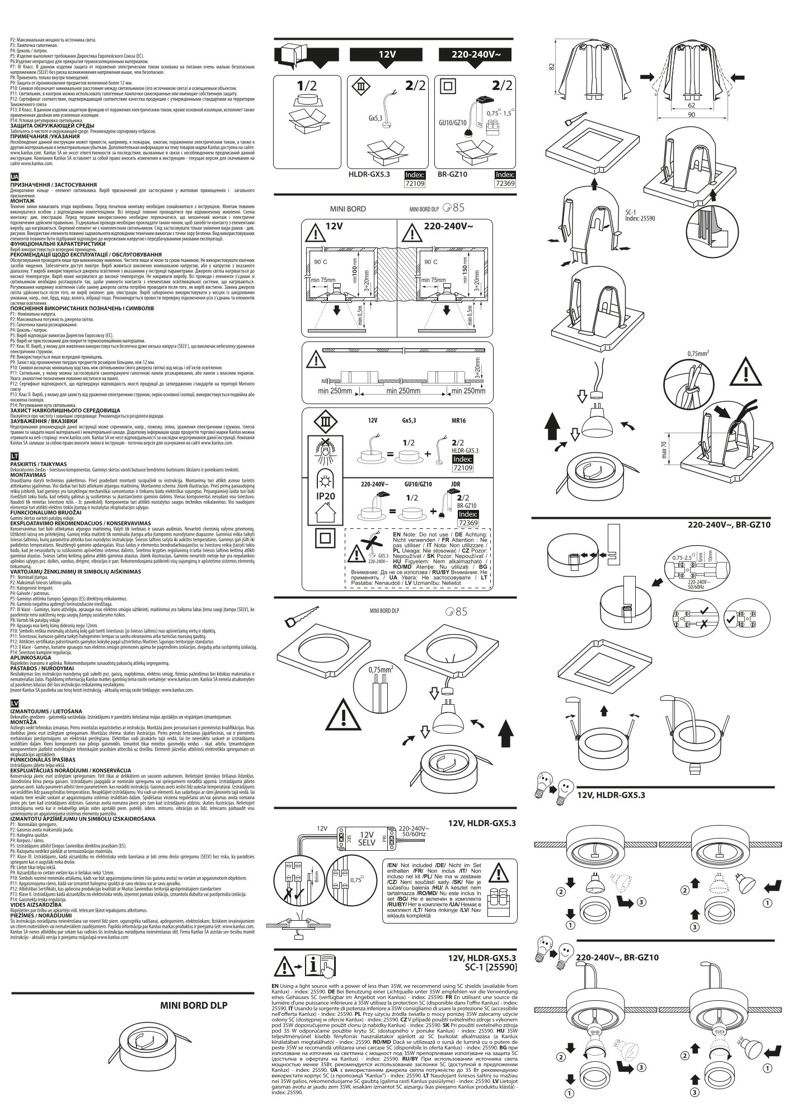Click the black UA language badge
[x=15, y=176]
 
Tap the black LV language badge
[x=15, y=702]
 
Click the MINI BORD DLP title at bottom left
[x=194, y=1004]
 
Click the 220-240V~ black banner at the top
[x=476, y=54]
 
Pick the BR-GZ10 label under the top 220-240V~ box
[x=452, y=175]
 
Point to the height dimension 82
[x=552, y=68]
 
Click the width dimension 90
[x=691, y=115]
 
